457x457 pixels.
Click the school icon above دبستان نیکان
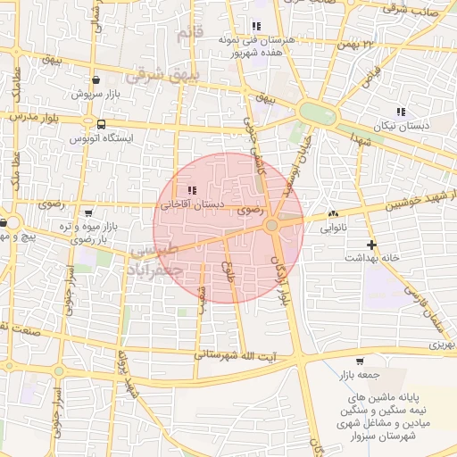tap(400, 112)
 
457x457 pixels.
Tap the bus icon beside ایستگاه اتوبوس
tap(100, 125)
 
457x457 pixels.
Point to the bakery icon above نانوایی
tap(333, 214)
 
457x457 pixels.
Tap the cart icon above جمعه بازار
tap(359, 361)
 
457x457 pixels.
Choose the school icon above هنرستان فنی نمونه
tap(257, 26)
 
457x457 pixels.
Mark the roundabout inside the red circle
tap(271, 226)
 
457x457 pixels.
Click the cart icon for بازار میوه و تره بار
tap(87, 213)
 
